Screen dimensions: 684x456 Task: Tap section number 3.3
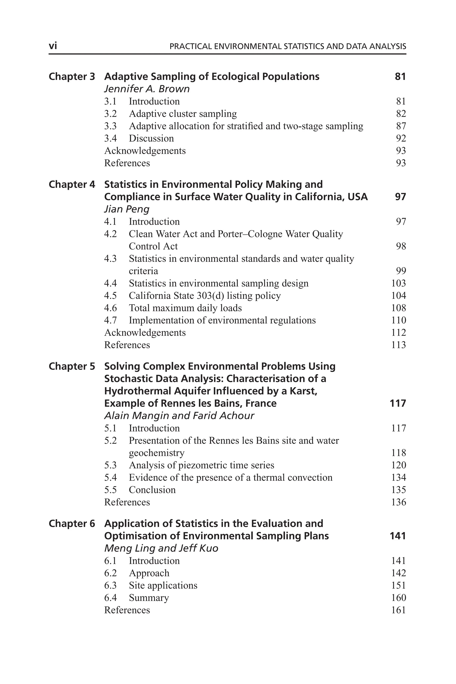[110, 126]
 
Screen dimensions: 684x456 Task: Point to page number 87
[401, 126]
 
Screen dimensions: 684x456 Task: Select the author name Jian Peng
[127, 209]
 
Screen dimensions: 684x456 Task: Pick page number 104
[398, 295]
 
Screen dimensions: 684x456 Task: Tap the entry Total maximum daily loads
[185, 308]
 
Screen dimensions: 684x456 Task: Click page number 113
[398, 345]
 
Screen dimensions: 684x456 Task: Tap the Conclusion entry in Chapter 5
[152, 490]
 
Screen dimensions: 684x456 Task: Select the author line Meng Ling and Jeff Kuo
[161, 548]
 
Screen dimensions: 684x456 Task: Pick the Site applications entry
[163, 585]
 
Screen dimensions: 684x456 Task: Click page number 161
[398, 610]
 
